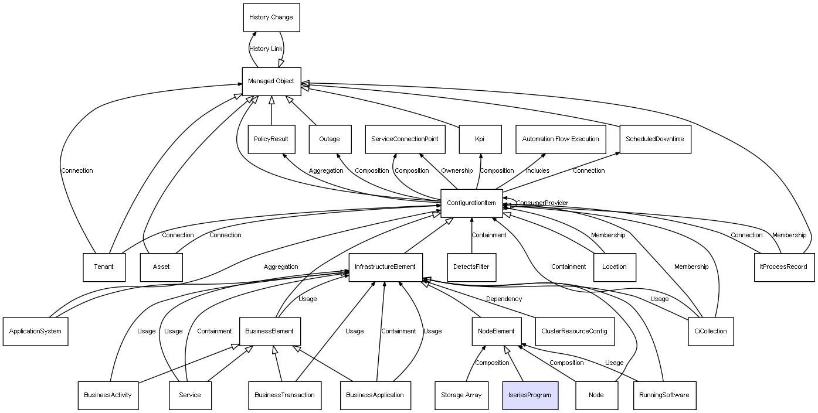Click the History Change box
click(271, 18)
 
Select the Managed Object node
click(271, 81)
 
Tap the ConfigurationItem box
click(471, 203)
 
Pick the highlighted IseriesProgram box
click(530, 395)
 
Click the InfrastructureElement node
click(385, 267)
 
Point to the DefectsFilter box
click(471, 267)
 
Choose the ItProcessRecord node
click(783, 267)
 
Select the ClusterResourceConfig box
click(574, 331)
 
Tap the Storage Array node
click(461, 395)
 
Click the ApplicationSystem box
click(35, 331)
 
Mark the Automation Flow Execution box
click(561, 139)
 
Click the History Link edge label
click(266, 49)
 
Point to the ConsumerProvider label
click(542, 203)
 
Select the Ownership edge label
click(457, 171)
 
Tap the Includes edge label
click(538, 171)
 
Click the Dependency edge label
click(504, 299)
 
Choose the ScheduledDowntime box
click(654, 139)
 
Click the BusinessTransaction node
click(284, 395)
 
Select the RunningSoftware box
click(664, 395)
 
